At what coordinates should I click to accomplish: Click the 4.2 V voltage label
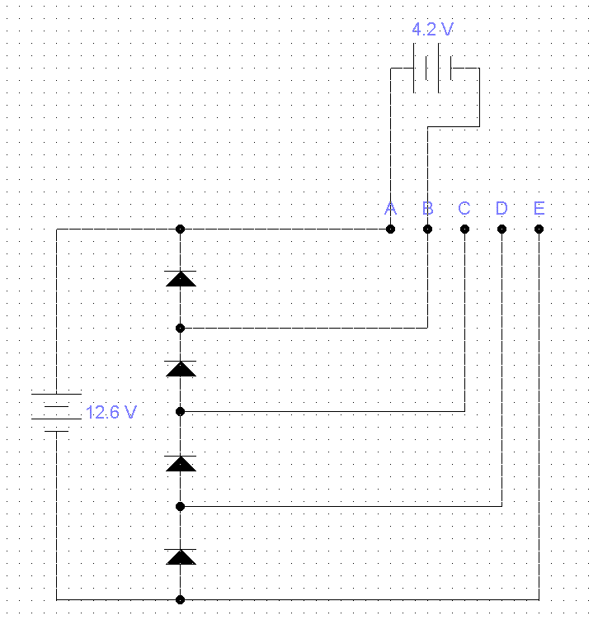(432, 29)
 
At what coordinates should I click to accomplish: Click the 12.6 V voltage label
(111, 412)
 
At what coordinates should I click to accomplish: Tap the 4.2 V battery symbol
(432, 68)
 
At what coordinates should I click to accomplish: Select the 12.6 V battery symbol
(56, 413)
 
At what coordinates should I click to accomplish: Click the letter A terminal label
(390, 208)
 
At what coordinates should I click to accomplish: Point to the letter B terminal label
(427, 208)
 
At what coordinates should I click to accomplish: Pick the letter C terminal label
(464, 208)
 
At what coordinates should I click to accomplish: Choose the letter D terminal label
(501, 208)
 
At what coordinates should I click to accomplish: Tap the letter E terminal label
(539, 208)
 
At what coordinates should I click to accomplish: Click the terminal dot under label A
(390, 229)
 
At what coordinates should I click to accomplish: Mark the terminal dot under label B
(427, 229)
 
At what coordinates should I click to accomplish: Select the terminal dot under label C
(464, 229)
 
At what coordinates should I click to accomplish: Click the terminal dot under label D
(501, 229)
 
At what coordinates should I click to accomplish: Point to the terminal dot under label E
(539, 229)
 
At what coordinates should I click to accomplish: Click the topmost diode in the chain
(181, 278)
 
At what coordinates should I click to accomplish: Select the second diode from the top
(181, 368)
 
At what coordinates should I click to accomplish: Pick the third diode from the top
(181, 463)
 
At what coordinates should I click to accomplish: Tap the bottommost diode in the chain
(181, 556)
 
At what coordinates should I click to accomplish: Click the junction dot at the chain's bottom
(180, 600)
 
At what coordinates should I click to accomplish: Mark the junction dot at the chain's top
(180, 229)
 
